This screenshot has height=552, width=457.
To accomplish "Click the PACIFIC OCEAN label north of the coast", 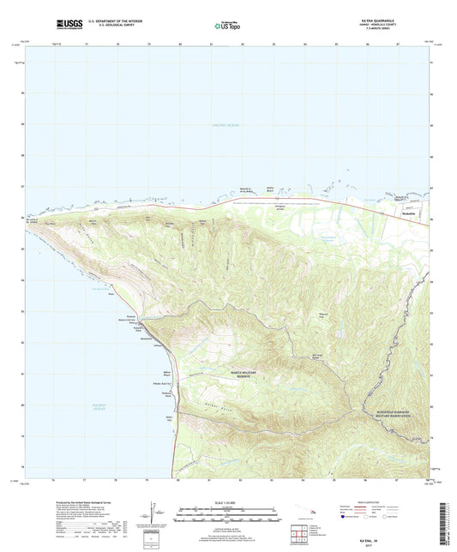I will point(228,126).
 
